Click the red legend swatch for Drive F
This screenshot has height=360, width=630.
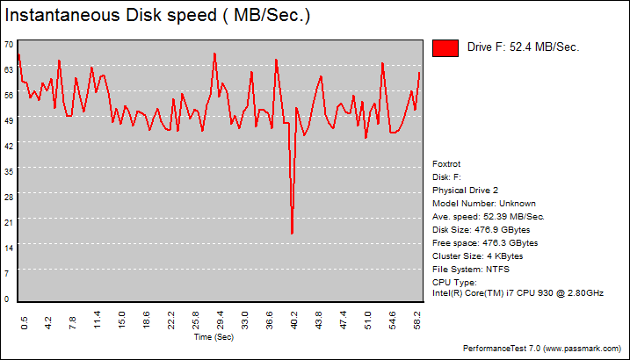point(446,47)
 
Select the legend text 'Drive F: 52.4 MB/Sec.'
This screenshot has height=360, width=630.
point(523,47)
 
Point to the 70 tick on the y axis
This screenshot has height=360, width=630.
point(8,44)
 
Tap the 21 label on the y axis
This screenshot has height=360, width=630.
point(8,222)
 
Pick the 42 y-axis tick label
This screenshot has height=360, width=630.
point(8,146)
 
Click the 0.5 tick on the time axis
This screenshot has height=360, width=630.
point(24,324)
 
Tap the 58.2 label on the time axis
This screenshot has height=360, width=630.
point(416,324)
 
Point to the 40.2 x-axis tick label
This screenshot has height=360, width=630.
point(294,324)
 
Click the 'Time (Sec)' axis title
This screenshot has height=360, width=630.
point(214,337)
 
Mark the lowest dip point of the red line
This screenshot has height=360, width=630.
point(292,234)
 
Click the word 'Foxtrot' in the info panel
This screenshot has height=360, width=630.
point(446,163)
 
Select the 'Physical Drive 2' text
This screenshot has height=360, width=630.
point(466,190)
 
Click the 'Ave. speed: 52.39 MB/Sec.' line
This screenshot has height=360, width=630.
point(489,216)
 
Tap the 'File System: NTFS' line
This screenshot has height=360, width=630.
point(471,269)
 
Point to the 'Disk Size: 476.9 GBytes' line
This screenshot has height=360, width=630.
point(482,229)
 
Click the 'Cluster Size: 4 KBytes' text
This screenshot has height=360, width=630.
point(478,256)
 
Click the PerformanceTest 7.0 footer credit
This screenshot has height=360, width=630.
point(545,349)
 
